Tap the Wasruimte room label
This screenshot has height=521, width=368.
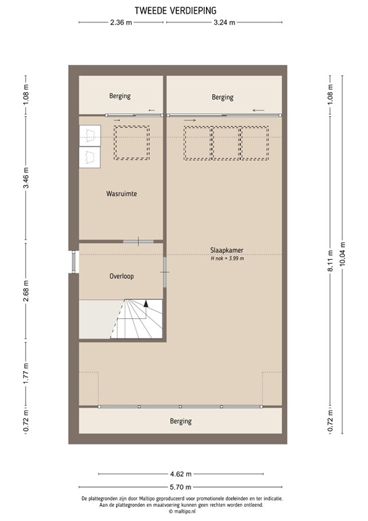pos(122,194)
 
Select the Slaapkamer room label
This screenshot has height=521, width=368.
pos(226,250)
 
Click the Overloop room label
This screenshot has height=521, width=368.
pos(121,277)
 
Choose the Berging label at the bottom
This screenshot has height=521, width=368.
pos(181,421)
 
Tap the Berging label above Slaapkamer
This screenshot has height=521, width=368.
pos(222,97)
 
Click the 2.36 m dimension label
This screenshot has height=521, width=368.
pos(121,23)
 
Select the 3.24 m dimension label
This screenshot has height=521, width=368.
pos(224,23)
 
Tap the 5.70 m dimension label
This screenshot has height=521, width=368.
pos(180,488)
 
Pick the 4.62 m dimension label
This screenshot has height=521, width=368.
pos(180,474)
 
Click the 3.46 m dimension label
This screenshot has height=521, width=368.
pos(26,178)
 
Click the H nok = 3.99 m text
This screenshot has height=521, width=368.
pos(227,258)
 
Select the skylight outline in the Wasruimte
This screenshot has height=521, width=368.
pos(132,142)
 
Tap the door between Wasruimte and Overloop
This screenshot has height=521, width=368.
pos(138,241)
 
